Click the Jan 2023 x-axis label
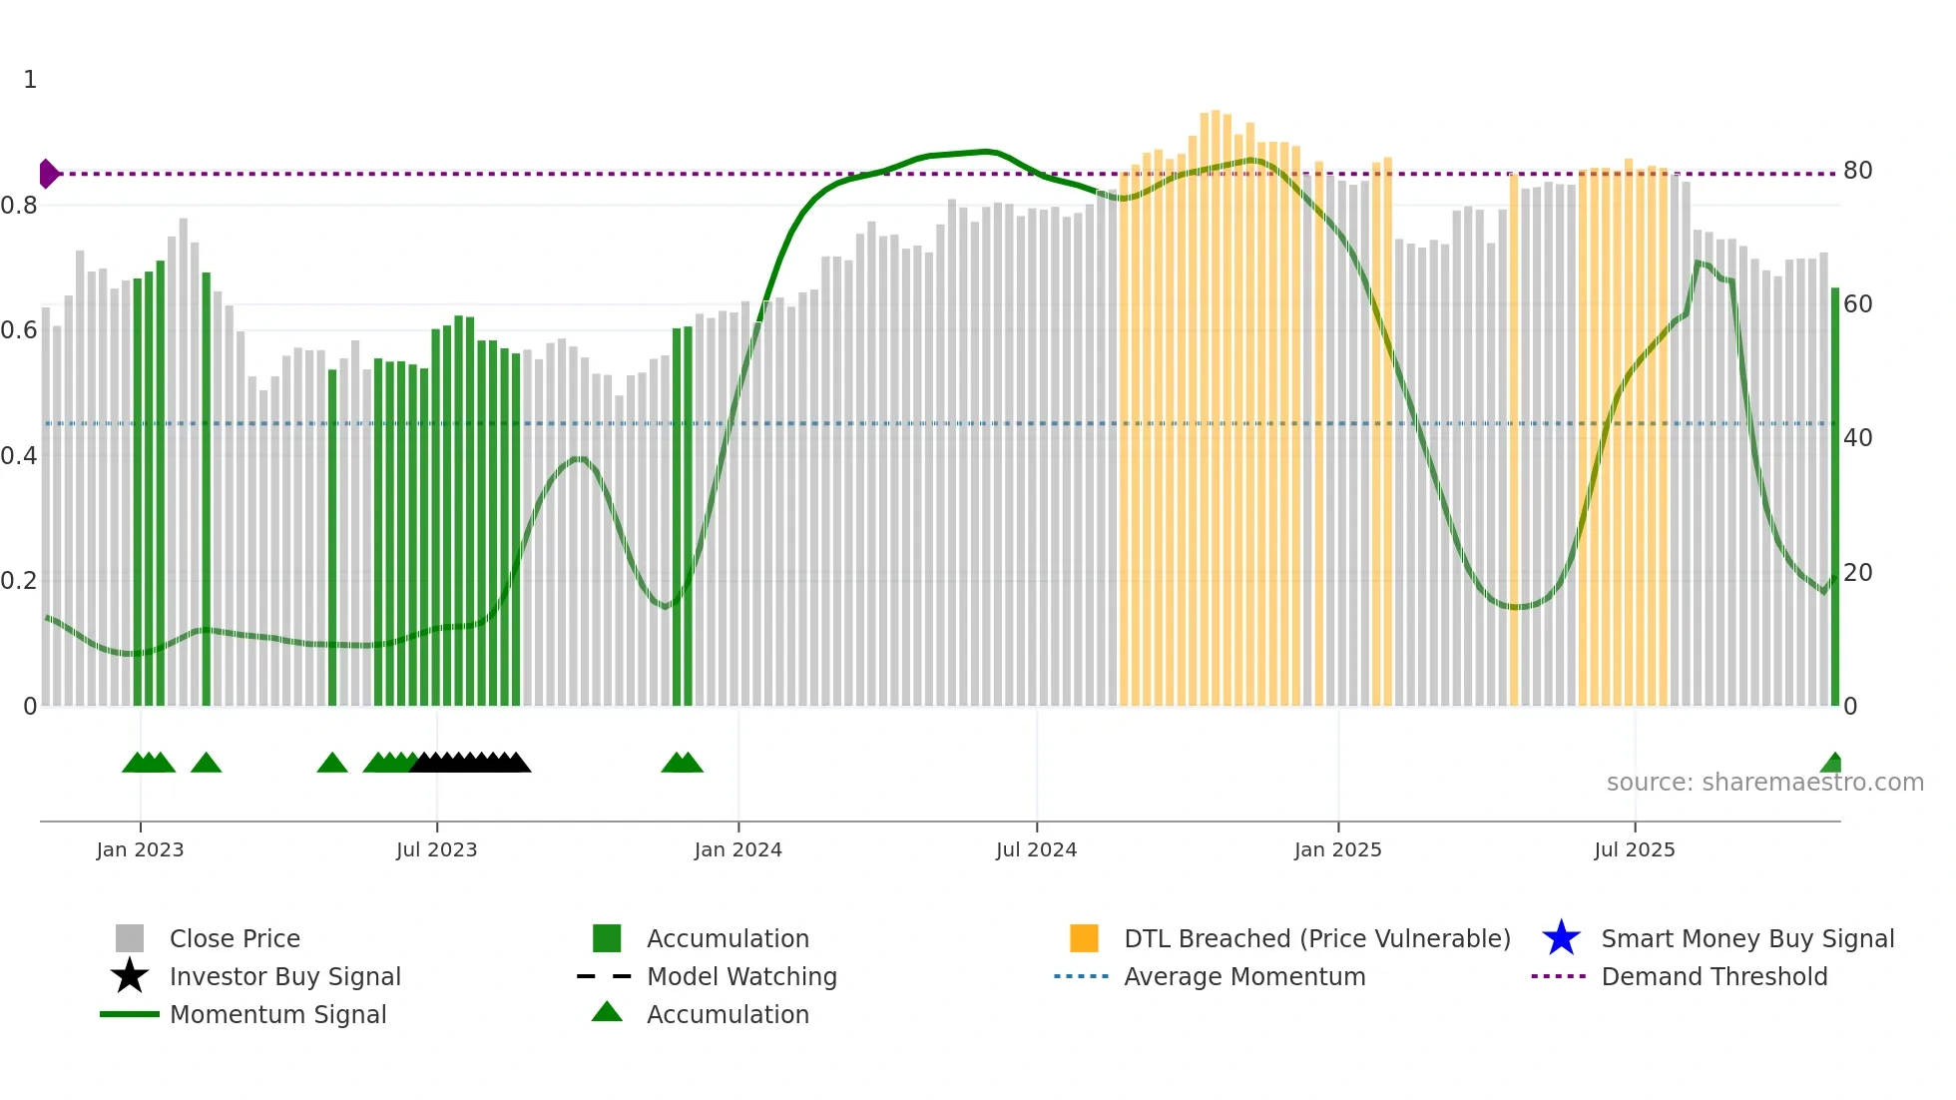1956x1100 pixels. click(x=140, y=849)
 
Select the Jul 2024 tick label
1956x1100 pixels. click(x=1036, y=849)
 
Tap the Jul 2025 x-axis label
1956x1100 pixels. click(x=1634, y=849)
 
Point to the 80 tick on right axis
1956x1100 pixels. click(x=1857, y=171)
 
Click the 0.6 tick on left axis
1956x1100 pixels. click(x=19, y=330)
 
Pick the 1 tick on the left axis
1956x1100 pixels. click(x=30, y=80)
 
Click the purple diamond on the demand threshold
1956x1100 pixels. click(x=48, y=174)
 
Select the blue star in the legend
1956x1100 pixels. click(x=1561, y=938)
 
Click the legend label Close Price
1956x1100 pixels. click(x=235, y=938)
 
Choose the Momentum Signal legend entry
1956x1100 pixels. click(x=277, y=1014)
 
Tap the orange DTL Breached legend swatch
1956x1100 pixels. click(x=1084, y=938)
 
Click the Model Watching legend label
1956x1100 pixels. click(x=741, y=976)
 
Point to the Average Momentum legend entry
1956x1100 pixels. click(x=1243, y=976)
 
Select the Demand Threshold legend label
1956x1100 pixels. click(x=1713, y=976)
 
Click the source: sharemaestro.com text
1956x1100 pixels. click(x=1764, y=783)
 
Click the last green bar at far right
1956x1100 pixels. click(x=1834, y=499)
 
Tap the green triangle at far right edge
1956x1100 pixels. click(x=1832, y=764)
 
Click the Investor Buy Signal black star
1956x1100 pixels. click(x=130, y=976)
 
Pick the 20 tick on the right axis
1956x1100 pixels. click(x=1857, y=573)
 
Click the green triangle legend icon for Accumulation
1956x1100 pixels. click(x=607, y=1012)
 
